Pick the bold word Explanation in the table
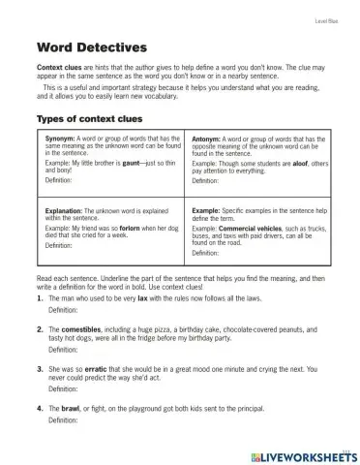(67, 209)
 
